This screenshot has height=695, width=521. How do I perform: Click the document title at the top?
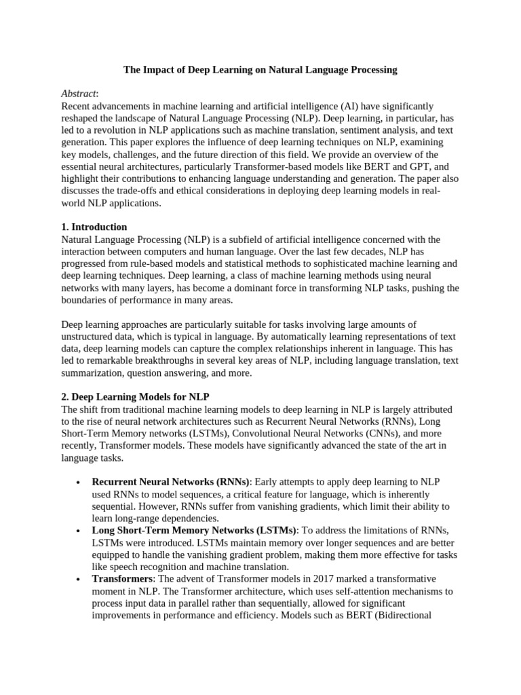coord(260,69)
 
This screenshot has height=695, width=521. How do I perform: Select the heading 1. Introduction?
coord(94,227)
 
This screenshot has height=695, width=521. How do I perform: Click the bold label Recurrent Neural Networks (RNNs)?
coord(171,482)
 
